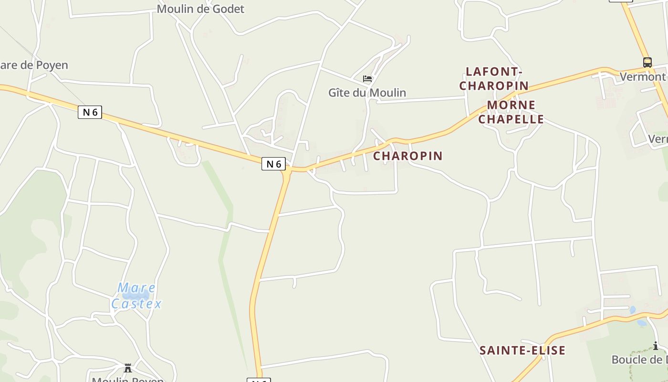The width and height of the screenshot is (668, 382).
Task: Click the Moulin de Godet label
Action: pyautogui.click(x=200, y=9)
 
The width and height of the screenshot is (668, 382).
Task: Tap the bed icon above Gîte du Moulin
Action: pyautogui.click(x=367, y=79)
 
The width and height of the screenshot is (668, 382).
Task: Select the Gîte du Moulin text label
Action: pyautogui.click(x=367, y=93)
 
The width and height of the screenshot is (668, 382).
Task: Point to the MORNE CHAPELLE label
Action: pyautogui.click(x=511, y=112)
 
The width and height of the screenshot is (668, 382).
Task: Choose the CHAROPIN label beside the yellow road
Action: pyautogui.click(x=407, y=156)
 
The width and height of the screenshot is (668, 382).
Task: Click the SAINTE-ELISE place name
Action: pyautogui.click(x=522, y=350)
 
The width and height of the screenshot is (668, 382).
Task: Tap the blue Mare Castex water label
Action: pyautogui.click(x=136, y=296)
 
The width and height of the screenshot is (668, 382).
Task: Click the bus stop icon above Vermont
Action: pyautogui.click(x=647, y=62)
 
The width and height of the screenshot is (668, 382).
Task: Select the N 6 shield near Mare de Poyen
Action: pyautogui.click(x=90, y=112)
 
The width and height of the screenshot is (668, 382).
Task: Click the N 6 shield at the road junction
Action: pyautogui.click(x=273, y=164)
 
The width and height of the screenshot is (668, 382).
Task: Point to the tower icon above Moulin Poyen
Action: pyautogui.click(x=128, y=368)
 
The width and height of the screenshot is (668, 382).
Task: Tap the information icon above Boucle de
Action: pyautogui.click(x=656, y=346)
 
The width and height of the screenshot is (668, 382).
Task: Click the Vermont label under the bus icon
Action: pyautogui.click(x=642, y=76)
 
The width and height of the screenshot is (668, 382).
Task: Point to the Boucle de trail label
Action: pyautogui.click(x=639, y=360)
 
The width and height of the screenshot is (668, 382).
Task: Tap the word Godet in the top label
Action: pyautogui.click(x=228, y=9)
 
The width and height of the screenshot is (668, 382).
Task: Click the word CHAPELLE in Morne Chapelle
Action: pyautogui.click(x=511, y=119)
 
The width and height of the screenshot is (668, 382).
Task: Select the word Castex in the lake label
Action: pyautogui.click(x=136, y=304)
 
